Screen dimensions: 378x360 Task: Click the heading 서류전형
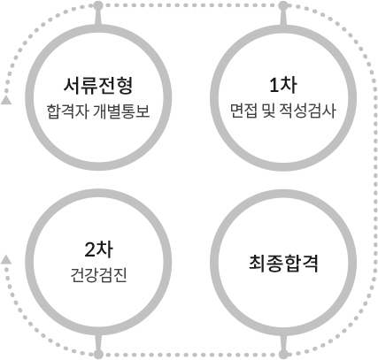[98, 86]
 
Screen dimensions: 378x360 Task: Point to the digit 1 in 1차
[274, 85]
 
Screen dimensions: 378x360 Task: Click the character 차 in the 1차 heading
[289, 85]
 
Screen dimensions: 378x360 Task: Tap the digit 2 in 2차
[89, 250]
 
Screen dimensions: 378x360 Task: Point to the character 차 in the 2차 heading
[104, 250]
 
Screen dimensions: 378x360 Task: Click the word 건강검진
[98, 275]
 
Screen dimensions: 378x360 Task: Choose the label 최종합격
[283, 264]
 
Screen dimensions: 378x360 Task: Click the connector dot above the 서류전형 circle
[98, 5]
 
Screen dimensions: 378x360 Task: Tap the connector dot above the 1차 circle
[283, 5]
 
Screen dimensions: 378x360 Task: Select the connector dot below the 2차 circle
[98, 354]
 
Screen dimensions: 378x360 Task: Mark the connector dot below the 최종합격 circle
[283, 354]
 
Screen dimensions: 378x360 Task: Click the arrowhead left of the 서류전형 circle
[6, 100]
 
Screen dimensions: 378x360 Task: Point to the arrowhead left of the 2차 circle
[6, 260]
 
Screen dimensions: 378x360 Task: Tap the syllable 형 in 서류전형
[125, 86]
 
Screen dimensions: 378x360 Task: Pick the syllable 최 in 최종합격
[258, 264]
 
